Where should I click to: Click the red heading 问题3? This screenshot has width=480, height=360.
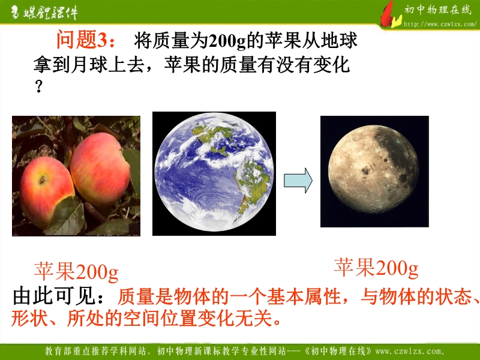click(x=85, y=40)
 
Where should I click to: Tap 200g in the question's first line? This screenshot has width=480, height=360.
click(x=227, y=41)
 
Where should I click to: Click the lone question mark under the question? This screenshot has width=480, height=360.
click(x=38, y=86)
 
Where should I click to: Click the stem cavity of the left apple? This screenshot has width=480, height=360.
click(x=42, y=180)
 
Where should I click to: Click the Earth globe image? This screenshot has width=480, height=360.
click(x=214, y=173)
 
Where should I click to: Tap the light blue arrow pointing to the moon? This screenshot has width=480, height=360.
click(x=298, y=181)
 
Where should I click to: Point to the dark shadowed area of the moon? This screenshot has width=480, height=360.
click(x=398, y=153)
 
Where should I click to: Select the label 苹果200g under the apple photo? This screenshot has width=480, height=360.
click(x=76, y=271)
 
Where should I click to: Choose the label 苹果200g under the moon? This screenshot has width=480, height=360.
click(x=376, y=267)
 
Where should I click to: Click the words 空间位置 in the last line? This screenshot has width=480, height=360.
click(x=159, y=319)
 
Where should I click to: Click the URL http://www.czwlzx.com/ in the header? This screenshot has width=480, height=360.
click(x=440, y=24)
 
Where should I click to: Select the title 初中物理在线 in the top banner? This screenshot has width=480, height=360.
click(x=438, y=10)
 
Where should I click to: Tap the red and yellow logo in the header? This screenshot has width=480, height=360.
click(x=391, y=16)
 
